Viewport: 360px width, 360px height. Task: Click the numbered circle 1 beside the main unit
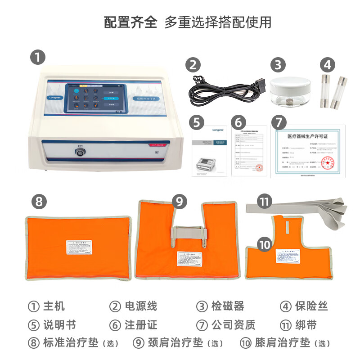click(38, 58)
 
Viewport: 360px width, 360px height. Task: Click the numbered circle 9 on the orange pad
click(180, 202)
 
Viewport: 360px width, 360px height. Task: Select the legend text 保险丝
click(311, 306)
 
